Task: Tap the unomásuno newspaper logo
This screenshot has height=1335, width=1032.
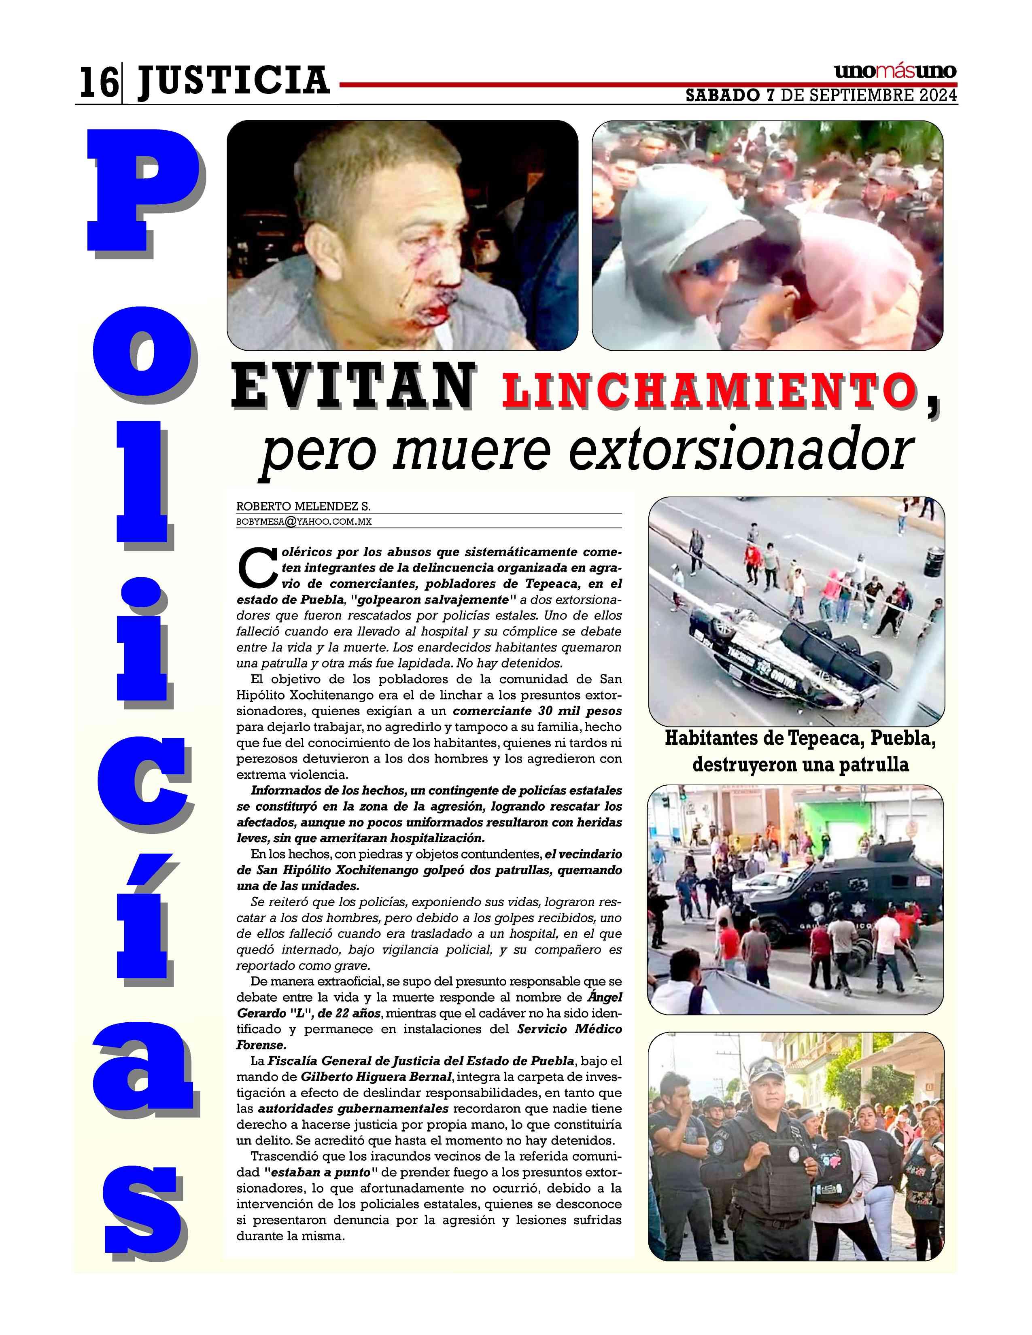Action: point(895,72)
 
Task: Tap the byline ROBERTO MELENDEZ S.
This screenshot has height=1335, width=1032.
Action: point(303,507)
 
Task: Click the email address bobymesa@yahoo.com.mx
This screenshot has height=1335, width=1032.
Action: point(304,521)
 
